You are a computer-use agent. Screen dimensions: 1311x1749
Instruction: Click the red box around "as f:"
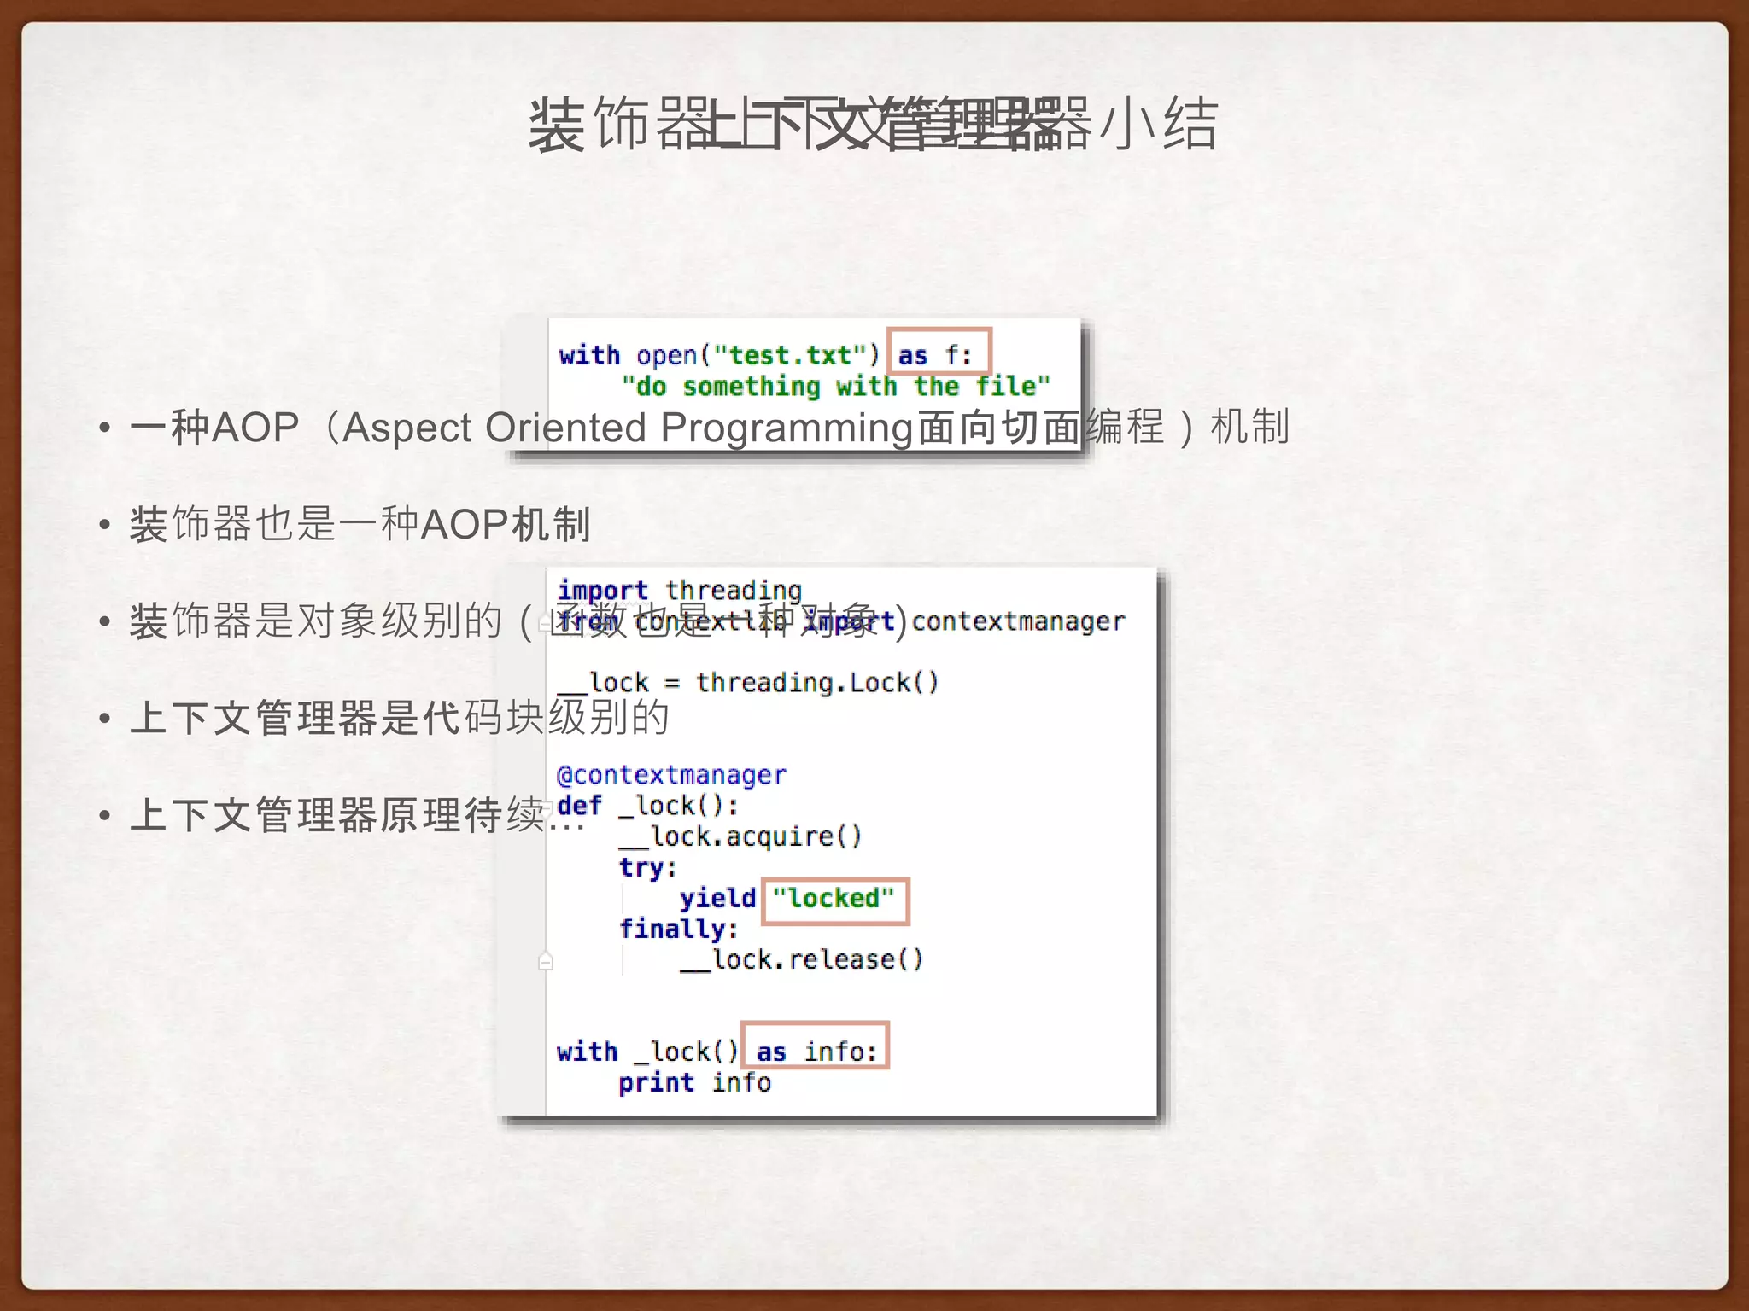click(x=939, y=352)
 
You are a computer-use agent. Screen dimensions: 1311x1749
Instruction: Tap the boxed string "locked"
click(x=835, y=900)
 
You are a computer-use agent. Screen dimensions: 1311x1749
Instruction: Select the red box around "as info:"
click(x=815, y=1046)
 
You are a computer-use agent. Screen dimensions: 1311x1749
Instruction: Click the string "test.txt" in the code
click(x=791, y=356)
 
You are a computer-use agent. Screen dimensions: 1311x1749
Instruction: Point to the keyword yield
click(x=717, y=899)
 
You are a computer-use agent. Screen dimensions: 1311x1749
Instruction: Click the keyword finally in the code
click(x=678, y=929)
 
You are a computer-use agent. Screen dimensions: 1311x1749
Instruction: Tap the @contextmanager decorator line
click(x=671, y=775)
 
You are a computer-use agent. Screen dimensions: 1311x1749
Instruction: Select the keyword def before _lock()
click(x=579, y=806)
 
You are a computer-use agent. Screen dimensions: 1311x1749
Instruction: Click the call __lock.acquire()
click(x=740, y=837)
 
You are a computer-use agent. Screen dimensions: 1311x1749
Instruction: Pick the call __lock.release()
click(x=802, y=960)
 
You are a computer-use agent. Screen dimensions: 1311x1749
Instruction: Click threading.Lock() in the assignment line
click(x=817, y=683)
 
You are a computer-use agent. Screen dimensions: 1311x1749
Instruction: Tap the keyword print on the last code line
click(x=656, y=1083)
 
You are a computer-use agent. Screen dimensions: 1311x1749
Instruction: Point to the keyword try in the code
click(x=646, y=868)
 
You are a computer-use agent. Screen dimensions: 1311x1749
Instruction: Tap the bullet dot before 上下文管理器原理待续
click(x=104, y=815)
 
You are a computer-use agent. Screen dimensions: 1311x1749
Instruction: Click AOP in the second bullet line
click(x=465, y=524)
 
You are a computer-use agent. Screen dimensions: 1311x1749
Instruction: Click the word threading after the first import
click(x=734, y=590)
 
